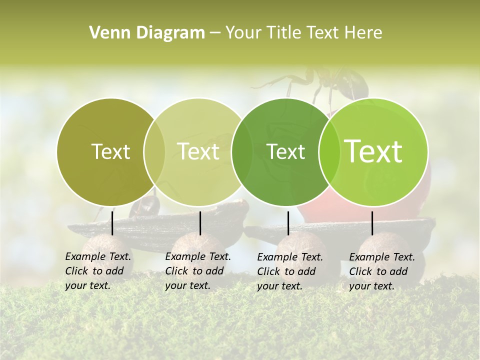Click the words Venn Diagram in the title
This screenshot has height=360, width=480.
(147, 33)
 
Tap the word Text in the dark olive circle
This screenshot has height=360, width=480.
(110, 151)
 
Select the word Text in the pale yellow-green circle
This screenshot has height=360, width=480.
(198, 151)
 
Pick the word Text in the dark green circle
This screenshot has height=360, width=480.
(286, 151)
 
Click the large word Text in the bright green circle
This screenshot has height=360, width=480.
(373, 151)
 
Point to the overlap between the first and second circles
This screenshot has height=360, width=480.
(154, 151)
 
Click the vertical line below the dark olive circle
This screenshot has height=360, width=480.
(112, 223)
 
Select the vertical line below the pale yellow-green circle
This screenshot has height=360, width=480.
(200, 223)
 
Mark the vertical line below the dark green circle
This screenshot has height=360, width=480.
(288, 223)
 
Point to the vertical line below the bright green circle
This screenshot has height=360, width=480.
(372, 223)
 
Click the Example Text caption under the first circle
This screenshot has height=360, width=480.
(97, 271)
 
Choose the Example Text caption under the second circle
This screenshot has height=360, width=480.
(197, 271)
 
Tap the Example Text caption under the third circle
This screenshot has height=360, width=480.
(289, 271)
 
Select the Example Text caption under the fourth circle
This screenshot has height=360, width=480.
(381, 271)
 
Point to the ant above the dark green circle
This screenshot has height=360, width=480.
(320, 82)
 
